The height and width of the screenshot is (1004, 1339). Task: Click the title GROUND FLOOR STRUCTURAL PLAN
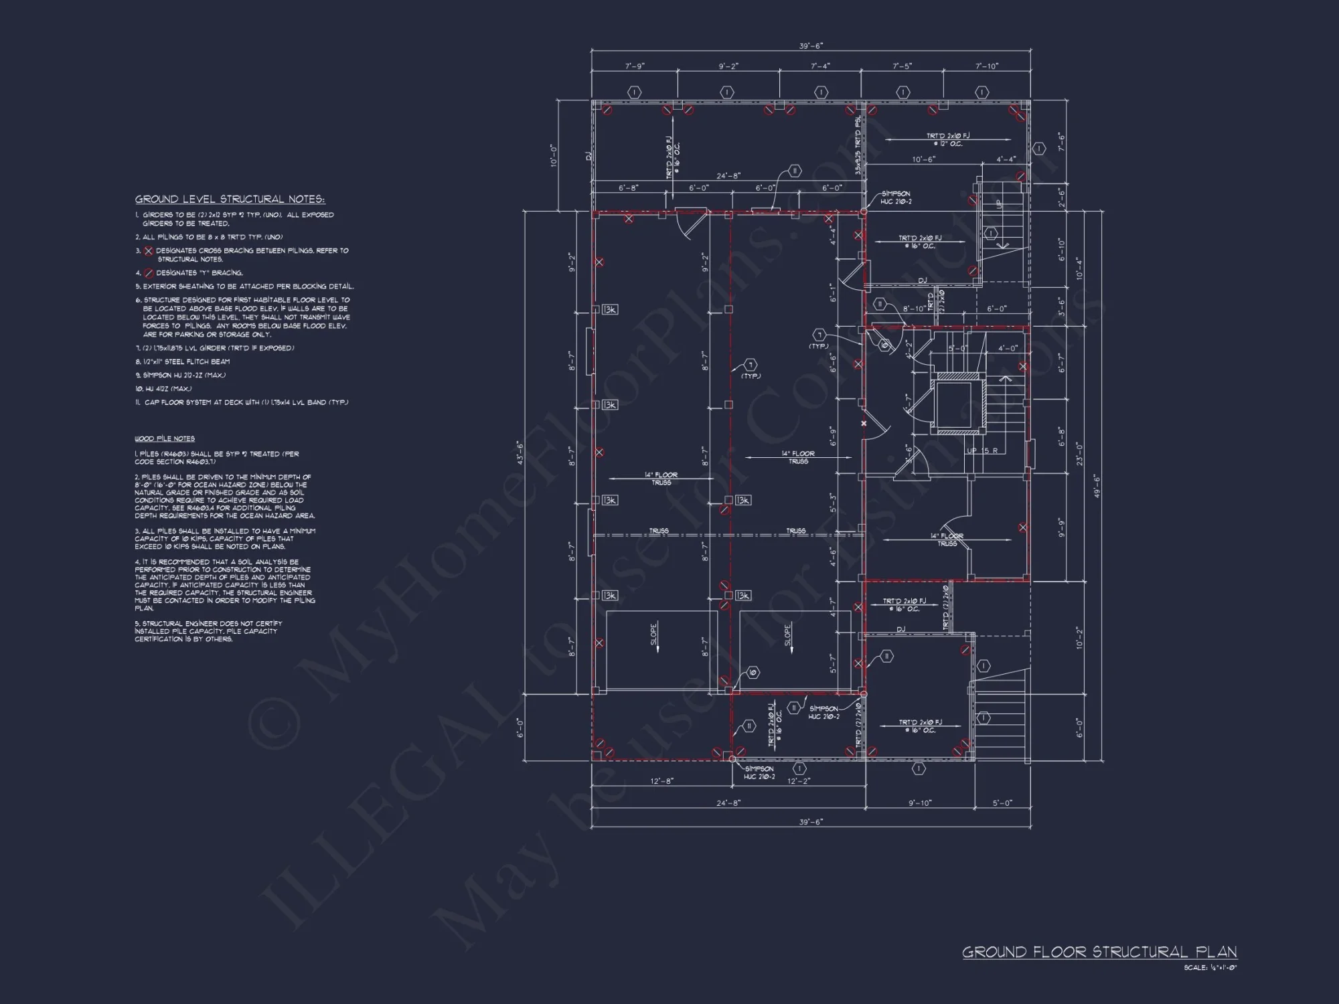tap(1099, 952)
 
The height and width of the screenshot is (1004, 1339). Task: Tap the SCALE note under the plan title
tap(1210, 967)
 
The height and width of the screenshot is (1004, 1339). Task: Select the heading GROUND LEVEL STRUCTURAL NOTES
tap(230, 199)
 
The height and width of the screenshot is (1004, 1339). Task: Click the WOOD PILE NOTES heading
tap(165, 438)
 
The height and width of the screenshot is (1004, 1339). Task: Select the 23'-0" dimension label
tap(1079, 454)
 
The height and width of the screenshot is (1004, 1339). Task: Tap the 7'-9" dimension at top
tap(635, 66)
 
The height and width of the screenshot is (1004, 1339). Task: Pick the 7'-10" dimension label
tap(986, 66)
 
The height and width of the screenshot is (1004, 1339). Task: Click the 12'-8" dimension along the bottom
tap(661, 781)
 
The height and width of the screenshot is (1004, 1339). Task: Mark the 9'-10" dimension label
tap(920, 803)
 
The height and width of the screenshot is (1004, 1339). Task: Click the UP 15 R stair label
tap(982, 450)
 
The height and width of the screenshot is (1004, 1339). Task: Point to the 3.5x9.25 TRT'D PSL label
tap(858, 146)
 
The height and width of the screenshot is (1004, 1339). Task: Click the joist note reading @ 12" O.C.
tap(947, 144)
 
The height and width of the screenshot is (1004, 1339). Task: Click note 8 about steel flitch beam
tap(182, 361)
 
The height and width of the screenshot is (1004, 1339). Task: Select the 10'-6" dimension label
tap(923, 159)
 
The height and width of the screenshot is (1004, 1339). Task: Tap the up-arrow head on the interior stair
tap(1005, 380)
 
